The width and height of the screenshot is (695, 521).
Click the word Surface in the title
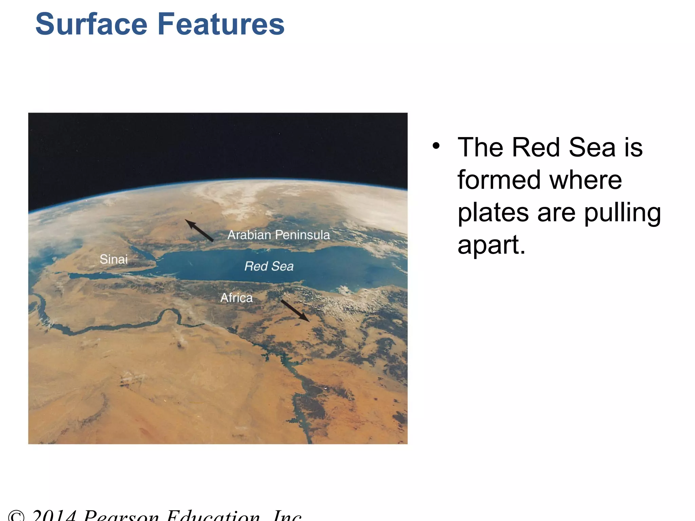pyautogui.click(x=91, y=24)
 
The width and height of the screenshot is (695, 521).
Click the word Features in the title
pyautogui.click(x=221, y=24)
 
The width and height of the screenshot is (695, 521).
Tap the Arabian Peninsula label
pyautogui.click(x=278, y=235)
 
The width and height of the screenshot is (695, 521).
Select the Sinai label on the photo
pyautogui.click(x=114, y=259)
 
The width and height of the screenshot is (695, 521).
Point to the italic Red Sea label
pyautogui.click(x=269, y=266)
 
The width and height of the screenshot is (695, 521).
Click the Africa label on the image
pyautogui.click(x=237, y=298)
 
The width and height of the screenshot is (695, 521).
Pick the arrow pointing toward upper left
pyautogui.click(x=199, y=230)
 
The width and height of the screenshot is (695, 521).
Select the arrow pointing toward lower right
pyautogui.click(x=295, y=310)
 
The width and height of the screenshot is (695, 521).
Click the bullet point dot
pyautogui.click(x=436, y=146)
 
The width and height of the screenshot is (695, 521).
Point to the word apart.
pyautogui.click(x=491, y=245)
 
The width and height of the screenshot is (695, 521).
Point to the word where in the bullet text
pyautogui.click(x=586, y=180)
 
